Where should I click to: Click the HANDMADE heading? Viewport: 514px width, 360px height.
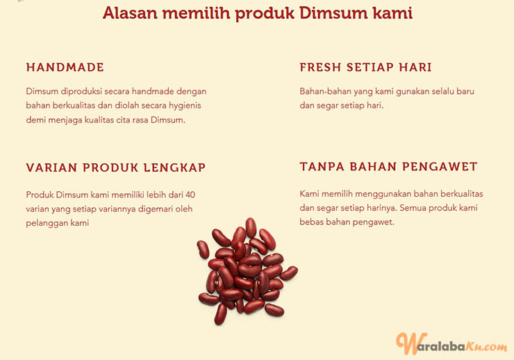(65, 67)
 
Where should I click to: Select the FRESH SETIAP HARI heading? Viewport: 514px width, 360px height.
(365, 67)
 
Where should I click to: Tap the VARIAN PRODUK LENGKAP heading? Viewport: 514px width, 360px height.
(116, 167)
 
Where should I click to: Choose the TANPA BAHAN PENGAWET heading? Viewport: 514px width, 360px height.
(388, 167)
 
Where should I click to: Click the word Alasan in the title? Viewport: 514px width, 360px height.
(130, 13)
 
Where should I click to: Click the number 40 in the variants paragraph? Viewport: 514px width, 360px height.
(190, 195)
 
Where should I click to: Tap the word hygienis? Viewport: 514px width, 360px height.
(185, 106)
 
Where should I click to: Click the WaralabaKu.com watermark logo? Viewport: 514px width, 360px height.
(451, 344)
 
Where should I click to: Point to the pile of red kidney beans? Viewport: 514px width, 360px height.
(247, 271)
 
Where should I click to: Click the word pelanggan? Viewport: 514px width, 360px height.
(42, 224)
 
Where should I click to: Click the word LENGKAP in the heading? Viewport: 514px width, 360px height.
(175, 167)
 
